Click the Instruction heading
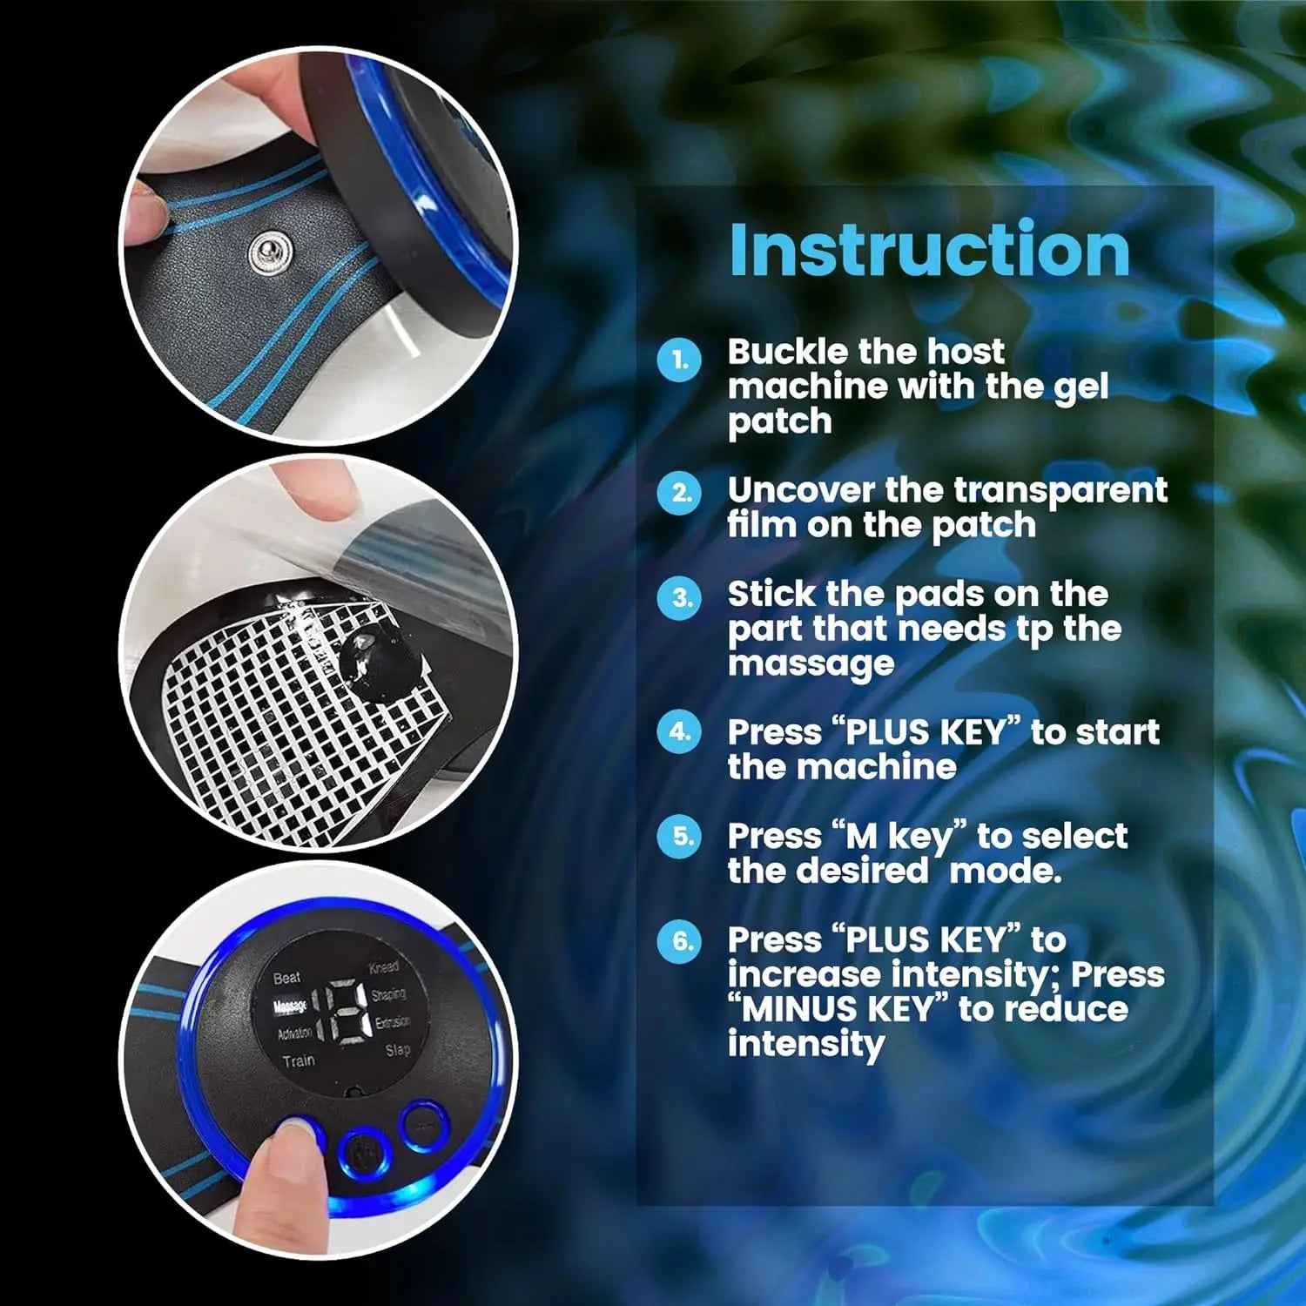coord(929,250)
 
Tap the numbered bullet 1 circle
coord(679,360)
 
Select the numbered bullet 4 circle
coord(679,732)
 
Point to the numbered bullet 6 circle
coord(679,940)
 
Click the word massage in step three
coord(811,664)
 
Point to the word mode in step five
coord(1005,872)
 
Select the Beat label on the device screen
coord(286,978)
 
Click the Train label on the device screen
coord(298,1060)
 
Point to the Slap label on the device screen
coord(397,1050)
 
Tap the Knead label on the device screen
coord(383,967)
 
